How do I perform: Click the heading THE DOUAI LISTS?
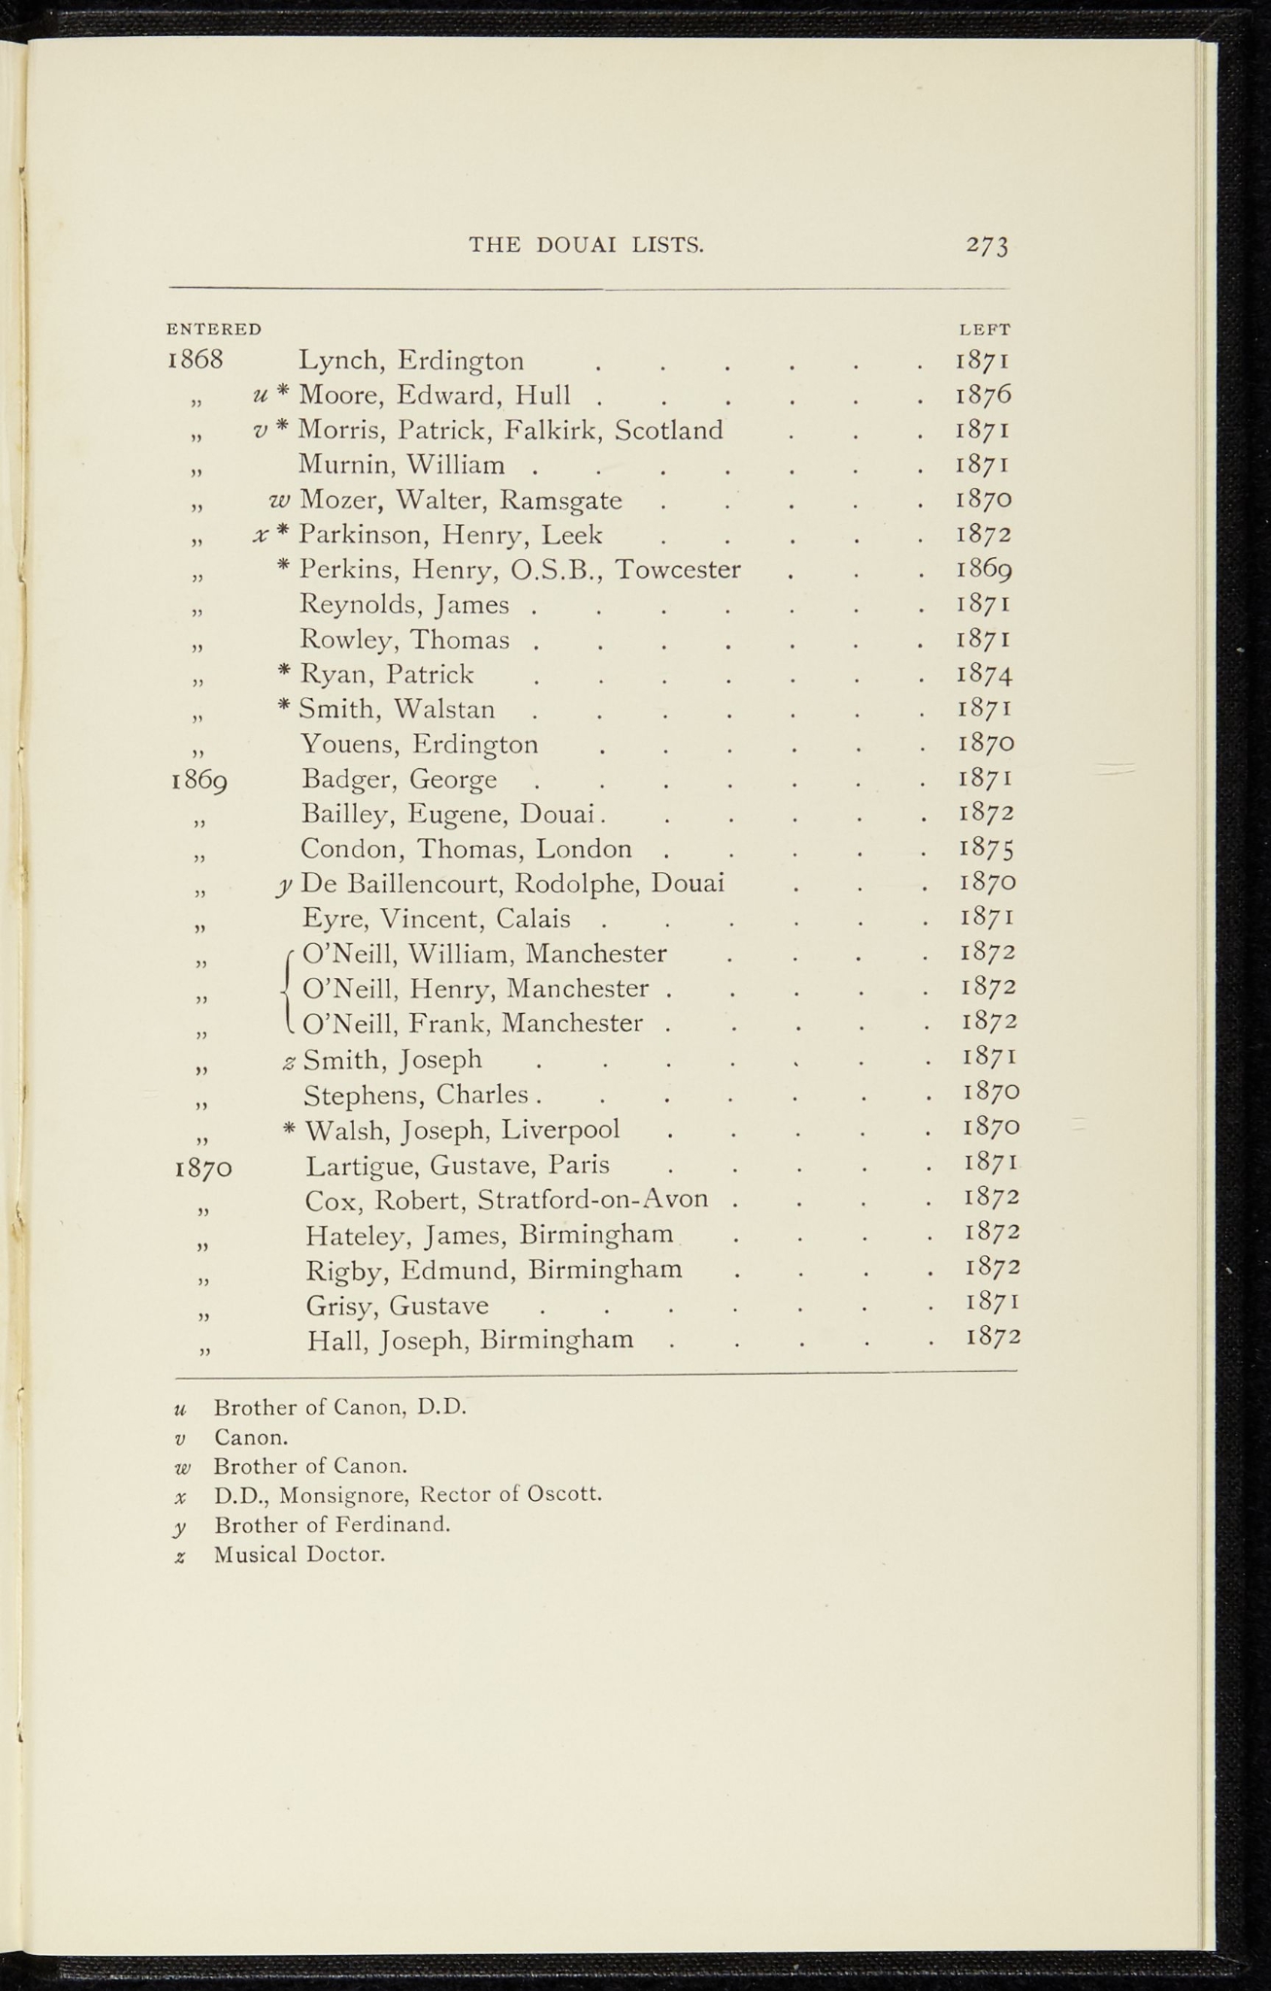click(586, 245)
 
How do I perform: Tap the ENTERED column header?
click(214, 330)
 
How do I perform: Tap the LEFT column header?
click(985, 330)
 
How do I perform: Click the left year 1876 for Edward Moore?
click(984, 396)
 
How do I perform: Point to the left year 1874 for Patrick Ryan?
click(985, 675)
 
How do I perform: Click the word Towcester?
click(679, 570)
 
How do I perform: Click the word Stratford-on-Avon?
click(592, 1200)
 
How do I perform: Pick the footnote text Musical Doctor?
click(300, 1554)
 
